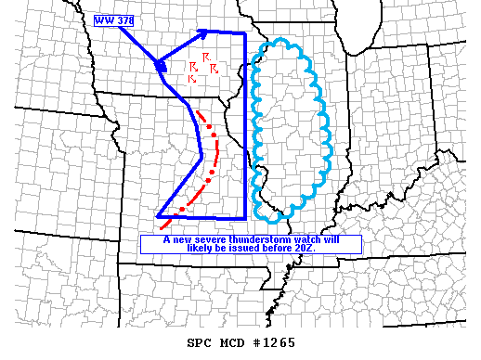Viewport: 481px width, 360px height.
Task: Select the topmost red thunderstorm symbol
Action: click(x=205, y=58)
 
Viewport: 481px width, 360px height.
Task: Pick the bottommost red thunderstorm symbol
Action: click(x=192, y=79)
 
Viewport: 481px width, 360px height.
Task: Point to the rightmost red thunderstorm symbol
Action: click(x=214, y=69)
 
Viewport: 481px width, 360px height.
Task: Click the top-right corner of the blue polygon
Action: click(x=245, y=32)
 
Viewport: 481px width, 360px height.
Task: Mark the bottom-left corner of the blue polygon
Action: click(x=158, y=216)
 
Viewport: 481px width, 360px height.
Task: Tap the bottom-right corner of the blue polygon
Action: click(x=245, y=217)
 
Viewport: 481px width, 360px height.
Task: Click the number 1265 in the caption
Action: click(x=278, y=342)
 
